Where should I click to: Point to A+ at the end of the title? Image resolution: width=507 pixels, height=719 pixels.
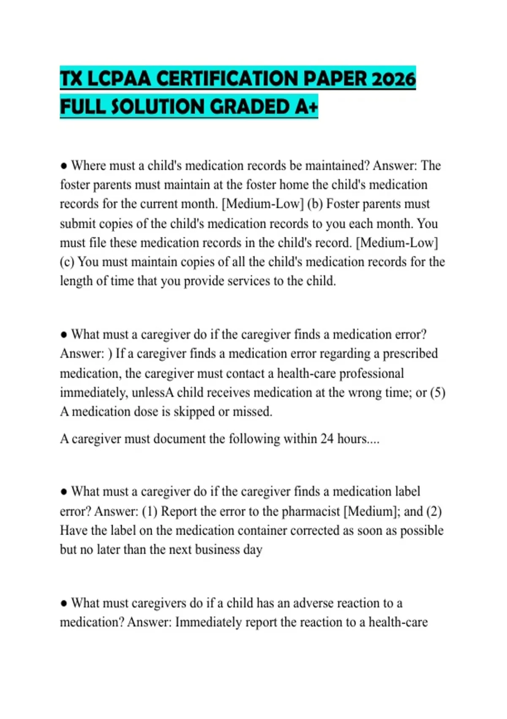(x=306, y=107)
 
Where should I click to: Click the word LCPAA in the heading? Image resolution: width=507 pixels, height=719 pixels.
(x=119, y=79)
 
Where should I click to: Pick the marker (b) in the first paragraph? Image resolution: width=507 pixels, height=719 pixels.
(x=315, y=204)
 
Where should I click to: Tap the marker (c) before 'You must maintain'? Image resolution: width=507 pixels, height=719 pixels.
(x=67, y=262)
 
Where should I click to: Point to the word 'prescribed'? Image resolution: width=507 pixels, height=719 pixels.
(x=410, y=354)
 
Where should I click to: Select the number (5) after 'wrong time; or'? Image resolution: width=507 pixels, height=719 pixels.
(x=438, y=392)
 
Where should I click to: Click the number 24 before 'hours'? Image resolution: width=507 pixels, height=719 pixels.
(x=327, y=439)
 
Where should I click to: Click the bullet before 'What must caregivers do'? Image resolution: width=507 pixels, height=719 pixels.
(x=64, y=604)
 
